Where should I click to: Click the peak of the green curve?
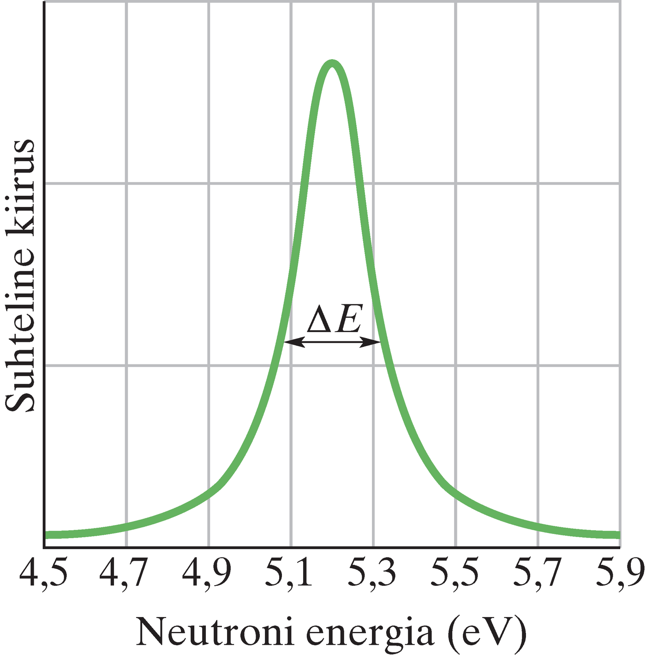331,64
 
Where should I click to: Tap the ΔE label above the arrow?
334,319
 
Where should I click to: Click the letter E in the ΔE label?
348,319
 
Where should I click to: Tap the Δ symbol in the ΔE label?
319,319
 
